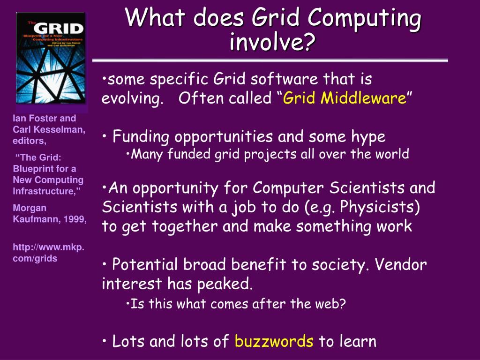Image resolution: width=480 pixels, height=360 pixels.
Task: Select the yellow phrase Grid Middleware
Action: click(345, 98)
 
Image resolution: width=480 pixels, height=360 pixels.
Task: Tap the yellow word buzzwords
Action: click(274, 341)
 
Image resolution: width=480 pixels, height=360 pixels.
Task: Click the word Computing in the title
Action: click(364, 18)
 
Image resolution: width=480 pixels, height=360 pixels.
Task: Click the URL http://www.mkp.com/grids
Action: click(48, 253)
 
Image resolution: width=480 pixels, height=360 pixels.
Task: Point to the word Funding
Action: click(142, 137)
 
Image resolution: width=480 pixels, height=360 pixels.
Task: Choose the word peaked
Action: click(229, 284)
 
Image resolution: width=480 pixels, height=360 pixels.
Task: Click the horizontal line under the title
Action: click(270, 60)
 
